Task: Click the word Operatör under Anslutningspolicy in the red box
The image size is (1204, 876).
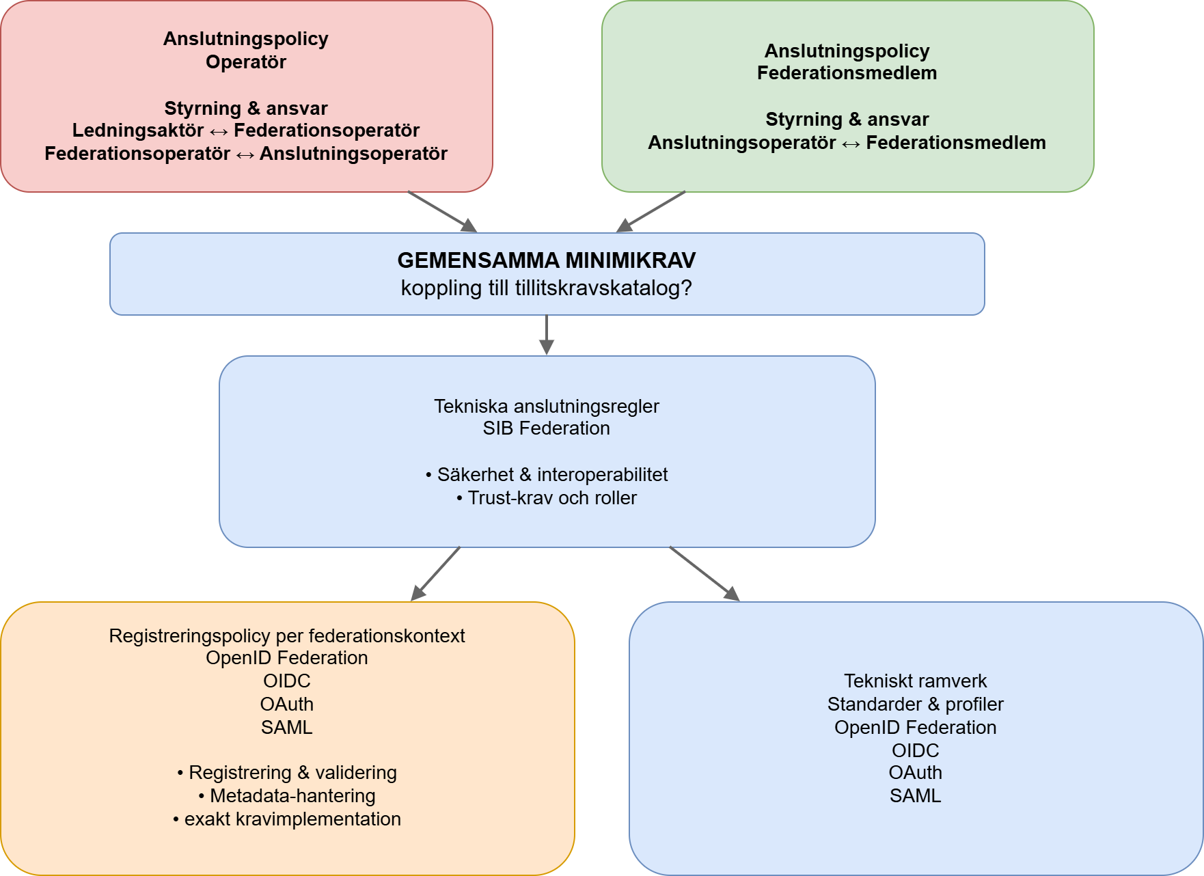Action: click(246, 62)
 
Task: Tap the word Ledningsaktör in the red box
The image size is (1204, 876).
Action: click(138, 131)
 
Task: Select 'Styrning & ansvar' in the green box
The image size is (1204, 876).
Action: click(847, 120)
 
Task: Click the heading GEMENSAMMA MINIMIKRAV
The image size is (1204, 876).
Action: click(546, 260)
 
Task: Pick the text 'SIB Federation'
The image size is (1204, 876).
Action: click(546, 428)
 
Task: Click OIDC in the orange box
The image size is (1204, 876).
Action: click(287, 681)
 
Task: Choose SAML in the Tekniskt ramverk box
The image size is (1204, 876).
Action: click(915, 796)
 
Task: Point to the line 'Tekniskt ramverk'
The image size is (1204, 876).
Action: click(915, 681)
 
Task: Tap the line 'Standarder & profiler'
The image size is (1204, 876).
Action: click(915, 704)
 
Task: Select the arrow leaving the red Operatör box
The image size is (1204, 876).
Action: click(442, 212)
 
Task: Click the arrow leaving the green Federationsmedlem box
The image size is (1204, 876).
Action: click(651, 212)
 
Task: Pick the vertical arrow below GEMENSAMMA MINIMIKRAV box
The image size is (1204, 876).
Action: click(547, 335)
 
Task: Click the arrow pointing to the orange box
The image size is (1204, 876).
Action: click(435, 574)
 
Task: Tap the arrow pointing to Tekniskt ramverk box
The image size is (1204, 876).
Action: click(704, 574)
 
